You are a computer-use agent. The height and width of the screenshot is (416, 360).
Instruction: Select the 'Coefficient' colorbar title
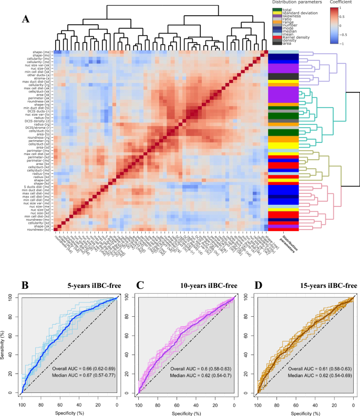click(x=340, y=3)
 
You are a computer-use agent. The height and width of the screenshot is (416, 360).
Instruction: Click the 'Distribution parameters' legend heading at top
click(x=292, y=3)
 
